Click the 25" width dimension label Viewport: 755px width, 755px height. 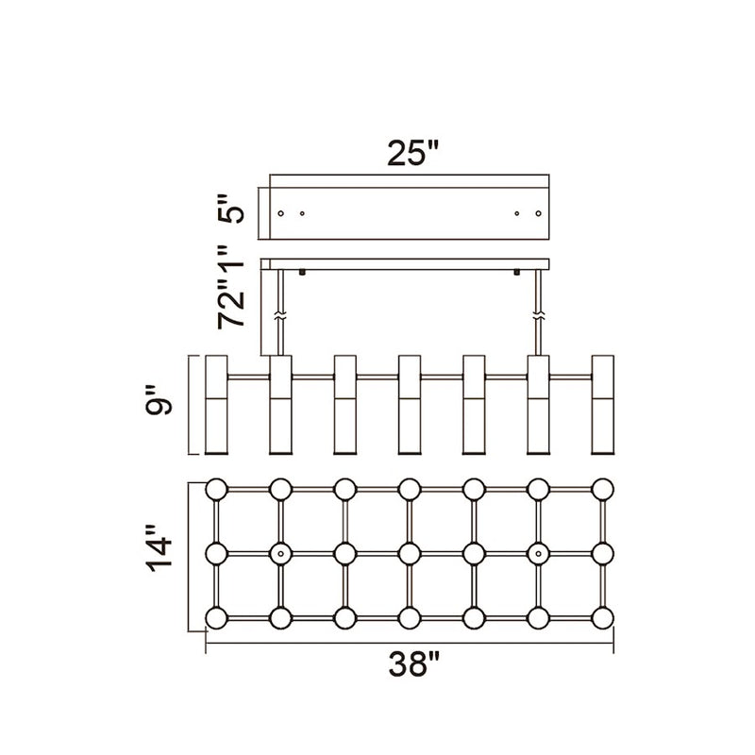tap(413, 153)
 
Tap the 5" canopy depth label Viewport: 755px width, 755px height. tap(231, 209)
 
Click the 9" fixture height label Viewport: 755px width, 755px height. tap(159, 399)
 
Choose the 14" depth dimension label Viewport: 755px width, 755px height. tap(159, 549)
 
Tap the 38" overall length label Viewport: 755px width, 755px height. tap(414, 663)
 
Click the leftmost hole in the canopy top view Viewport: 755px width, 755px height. tap(280, 213)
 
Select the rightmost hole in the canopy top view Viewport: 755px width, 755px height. tap(538, 213)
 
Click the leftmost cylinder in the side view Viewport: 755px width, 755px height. tap(216, 405)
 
